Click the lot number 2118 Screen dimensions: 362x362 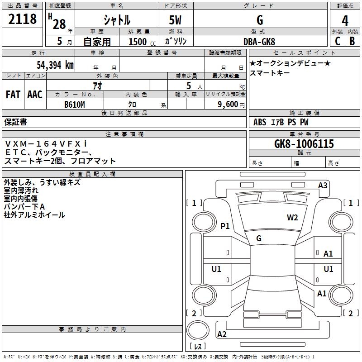pyautogui.click(x=22, y=19)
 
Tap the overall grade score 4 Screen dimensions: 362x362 pyautogui.click(x=345, y=21)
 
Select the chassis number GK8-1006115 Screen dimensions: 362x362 pyautogui.click(x=304, y=144)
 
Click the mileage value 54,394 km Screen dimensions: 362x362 pyautogui.click(x=55, y=65)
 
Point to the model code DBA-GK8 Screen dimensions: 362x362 pyautogui.click(x=259, y=42)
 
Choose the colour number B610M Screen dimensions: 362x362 pyautogui.click(x=75, y=105)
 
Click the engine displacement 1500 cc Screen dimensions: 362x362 pyautogui.click(x=142, y=42)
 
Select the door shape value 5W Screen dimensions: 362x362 pyautogui.click(x=175, y=20)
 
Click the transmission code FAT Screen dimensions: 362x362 pyautogui.click(x=13, y=95)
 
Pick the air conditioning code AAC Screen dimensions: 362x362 pyautogui.click(x=35, y=95)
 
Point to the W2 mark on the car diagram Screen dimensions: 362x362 pyautogui.click(x=292, y=218)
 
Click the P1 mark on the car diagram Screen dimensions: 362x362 pyautogui.click(x=225, y=226)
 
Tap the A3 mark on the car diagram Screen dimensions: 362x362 pyautogui.click(x=323, y=186)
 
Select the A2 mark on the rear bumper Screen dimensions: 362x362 pyautogui.click(x=222, y=334)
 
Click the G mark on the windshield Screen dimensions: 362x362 pyautogui.click(x=259, y=238)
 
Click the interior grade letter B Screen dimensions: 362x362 pyautogui.click(x=352, y=41)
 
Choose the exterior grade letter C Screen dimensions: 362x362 pyautogui.click(x=338, y=41)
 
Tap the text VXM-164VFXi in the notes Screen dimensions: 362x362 pyautogui.click(x=46, y=143)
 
